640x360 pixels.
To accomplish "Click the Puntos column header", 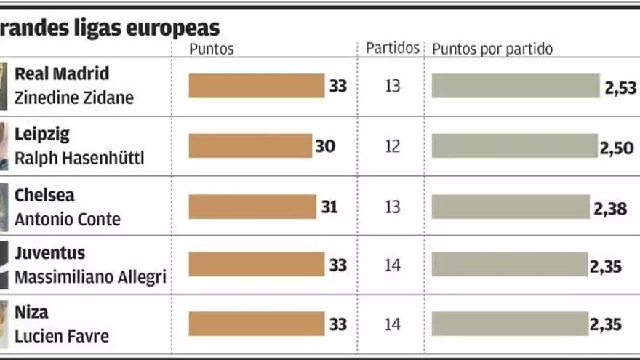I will coord(211,49).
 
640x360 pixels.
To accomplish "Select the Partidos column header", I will coord(393,48).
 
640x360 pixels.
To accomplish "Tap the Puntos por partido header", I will coord(492,49).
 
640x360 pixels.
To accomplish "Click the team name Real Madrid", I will coord(62,74).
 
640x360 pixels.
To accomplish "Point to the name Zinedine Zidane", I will coord(74,98).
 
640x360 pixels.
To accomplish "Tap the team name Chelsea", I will coord(44,196).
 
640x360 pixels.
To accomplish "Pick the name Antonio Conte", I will coord(68,219).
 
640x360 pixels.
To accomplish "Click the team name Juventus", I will coord(49,254).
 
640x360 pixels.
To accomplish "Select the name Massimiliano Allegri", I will coord(91,278).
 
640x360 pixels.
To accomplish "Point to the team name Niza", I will coord(32,313).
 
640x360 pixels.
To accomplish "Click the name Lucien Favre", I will coord(62,337).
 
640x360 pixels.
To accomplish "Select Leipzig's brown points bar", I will coord(250,146).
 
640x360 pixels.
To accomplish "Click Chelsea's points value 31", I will coord(329,207).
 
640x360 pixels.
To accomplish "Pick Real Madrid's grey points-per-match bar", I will coord(516,87).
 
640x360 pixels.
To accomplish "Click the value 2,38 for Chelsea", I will coord(610,209).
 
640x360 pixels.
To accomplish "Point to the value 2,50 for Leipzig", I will coord(616,148).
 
